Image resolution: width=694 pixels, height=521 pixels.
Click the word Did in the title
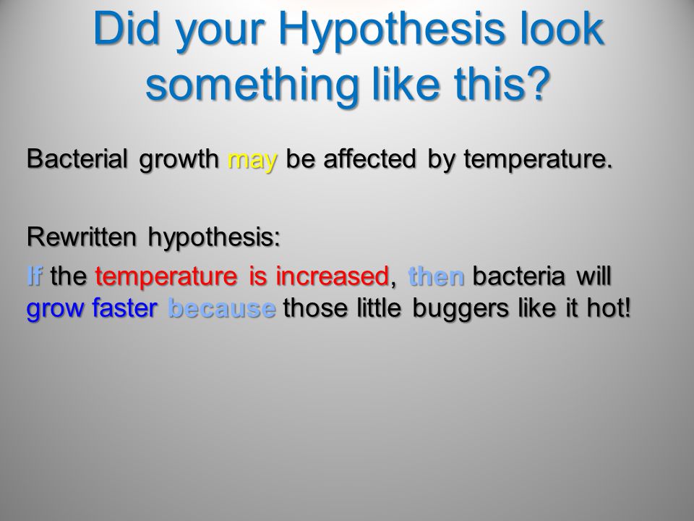pos(126,28)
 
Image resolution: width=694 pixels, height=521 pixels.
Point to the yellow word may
pos(253,161)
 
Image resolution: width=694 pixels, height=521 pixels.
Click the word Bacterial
pos(77,158)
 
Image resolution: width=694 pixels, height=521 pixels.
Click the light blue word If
pos(35,275)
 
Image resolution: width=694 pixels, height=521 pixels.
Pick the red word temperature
pos(166,277)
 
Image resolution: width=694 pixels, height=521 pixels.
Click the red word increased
pos(332,275)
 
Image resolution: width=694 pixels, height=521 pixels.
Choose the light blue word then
pos(437,275)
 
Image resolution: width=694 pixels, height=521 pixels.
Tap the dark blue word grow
pos(55,310)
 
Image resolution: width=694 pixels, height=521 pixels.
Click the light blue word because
pos(222,308)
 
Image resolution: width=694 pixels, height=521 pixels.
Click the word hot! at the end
pos(609,308)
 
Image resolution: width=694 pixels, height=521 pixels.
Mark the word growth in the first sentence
pos(179,159)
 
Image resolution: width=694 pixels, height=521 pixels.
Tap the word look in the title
pos(562,28)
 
